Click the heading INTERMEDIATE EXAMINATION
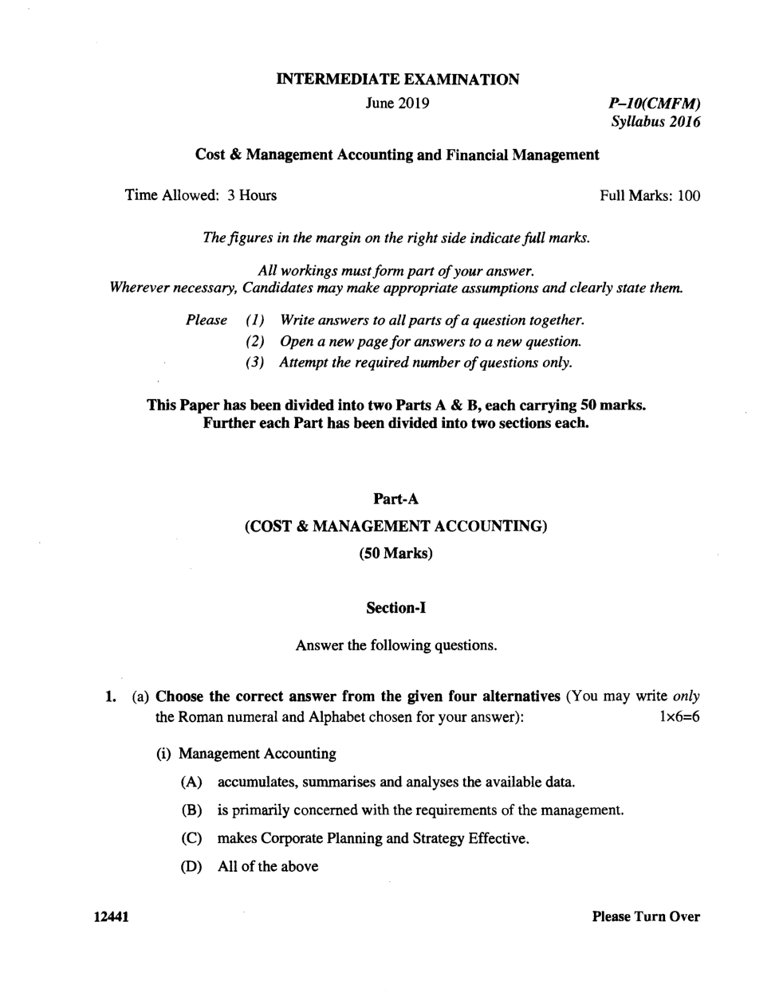point(397,79)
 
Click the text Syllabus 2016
point(655,123)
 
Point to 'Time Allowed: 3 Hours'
point(201,196)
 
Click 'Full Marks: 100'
point(650,196)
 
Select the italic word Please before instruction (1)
point(207,320)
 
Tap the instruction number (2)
point(254,342)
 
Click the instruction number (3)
point(254,363)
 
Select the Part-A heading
point(396,500)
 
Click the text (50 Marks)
point(396,553)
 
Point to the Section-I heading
point(396,608)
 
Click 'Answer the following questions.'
point(396,645)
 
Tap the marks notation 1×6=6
point(679,716)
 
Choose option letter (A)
point(191,782)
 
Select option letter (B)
point(191,810)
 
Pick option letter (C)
point(191,838)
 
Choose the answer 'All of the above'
point(268,867)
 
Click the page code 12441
point(111,917)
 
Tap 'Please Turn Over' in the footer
point(646,917)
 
